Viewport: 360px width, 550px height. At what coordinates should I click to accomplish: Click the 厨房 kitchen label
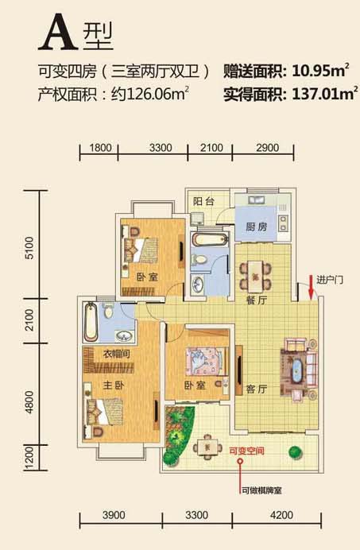click(x=256, y=227)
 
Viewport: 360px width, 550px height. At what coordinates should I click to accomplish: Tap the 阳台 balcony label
click(x=203, y=201)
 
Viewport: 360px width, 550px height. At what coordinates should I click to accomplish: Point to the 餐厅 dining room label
click(x=257, y=300)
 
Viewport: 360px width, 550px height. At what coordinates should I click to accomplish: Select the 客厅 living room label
click(x=257, y=389)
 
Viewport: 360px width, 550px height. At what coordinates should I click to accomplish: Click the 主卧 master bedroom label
click(x=114, y=385)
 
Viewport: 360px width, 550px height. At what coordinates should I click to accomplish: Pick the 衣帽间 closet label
click(x=117, y=354)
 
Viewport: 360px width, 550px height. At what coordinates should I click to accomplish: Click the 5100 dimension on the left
click(x=30, y=248)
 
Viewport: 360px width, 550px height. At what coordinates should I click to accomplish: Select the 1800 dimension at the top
click(x=100, y=148)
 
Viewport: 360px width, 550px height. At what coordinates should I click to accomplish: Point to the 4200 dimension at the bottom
click(x=282, y=515)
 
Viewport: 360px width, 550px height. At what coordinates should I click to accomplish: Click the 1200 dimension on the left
click(x=30, y=458)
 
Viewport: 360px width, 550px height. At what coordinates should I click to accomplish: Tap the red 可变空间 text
click(x=246, y=451)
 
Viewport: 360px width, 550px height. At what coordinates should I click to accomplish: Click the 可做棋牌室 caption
click(x=261, y=490)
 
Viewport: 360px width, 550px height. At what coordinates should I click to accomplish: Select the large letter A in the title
click(x=58, y=33)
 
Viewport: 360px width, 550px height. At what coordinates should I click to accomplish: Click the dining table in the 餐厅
click(x=255, y=277)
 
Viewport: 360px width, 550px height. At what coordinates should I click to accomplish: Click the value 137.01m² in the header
click(x=325, y=94)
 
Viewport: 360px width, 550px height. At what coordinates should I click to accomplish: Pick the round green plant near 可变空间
click(x=296, y=452)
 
